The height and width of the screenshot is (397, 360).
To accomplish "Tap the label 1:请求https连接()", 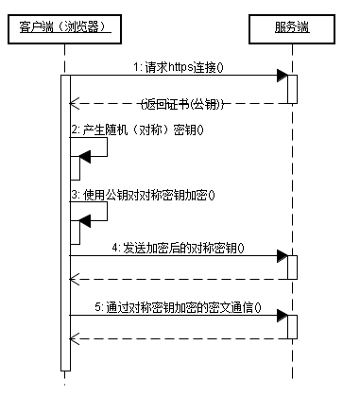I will (x=184, y=67).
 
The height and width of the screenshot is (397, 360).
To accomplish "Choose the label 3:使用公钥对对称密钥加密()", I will (x=143, y=195).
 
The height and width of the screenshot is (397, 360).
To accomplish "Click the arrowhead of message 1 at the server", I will (x=282, y=76).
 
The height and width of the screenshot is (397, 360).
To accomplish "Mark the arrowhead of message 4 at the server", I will (x=282, y=256).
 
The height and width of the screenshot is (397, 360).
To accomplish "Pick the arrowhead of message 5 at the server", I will (x=282, y=317).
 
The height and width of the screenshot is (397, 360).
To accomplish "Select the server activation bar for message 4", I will (x=293, y=267).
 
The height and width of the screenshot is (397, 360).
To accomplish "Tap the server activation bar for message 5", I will (x=293, y=326).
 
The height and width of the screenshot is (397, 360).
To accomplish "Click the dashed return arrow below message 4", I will (x=180, y=279).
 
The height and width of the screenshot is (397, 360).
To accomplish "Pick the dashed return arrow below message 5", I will (x=180, y=338).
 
